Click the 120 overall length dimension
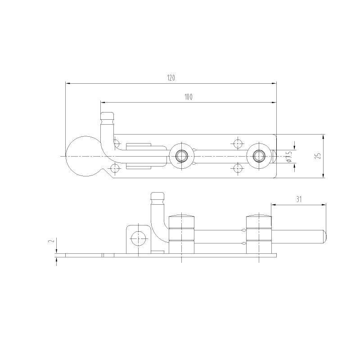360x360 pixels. click(x=171, y=78)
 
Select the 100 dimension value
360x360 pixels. click(x=188, y=97)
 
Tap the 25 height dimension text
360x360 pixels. click(x=318, y=156)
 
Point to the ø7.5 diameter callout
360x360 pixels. click(x=289, y=156)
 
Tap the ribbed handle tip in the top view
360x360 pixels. click(x=107, y=118)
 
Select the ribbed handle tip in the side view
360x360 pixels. click(x=157, y=198)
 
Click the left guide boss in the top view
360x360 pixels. click(x=182, y=156)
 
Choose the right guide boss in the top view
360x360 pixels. click(x=259, y=156)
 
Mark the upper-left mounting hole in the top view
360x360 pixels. click(x=116, y=144)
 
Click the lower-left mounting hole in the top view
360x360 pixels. click(x=116, y=168)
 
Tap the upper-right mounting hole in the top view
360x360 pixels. click(x=238, y=144)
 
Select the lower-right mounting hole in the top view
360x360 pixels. click(x=238, y=168)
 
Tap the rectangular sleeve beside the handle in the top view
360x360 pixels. click(x=138, y=156)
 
